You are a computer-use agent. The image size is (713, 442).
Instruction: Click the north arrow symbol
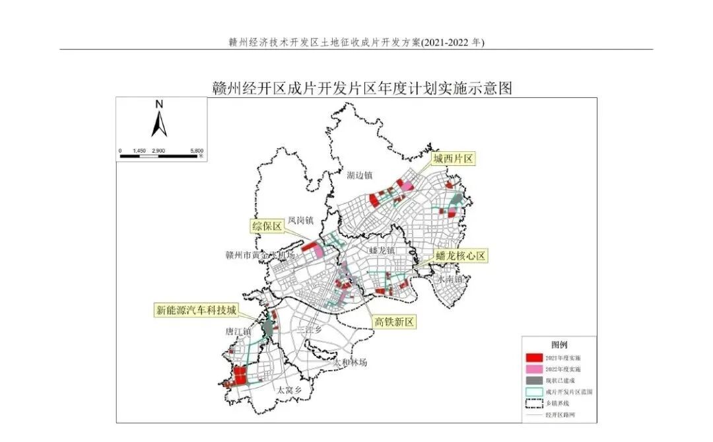pos(158,120)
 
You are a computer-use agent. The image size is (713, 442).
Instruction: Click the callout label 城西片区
pos(454,159)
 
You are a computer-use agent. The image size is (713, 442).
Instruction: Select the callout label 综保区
pos(267,227)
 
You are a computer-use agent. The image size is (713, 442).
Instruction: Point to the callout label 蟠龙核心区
pos(461,256)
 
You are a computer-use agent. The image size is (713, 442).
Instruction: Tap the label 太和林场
pos(349,363)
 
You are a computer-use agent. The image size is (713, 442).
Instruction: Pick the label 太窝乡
pos(289,390)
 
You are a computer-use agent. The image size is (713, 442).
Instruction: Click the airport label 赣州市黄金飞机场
pos(259,255)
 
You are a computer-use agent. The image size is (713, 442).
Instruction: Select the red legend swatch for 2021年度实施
pos(533,357)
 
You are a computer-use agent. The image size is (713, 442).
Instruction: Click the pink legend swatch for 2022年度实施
pos(533,369)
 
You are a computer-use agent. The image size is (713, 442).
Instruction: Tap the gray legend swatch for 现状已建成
pos(533,381)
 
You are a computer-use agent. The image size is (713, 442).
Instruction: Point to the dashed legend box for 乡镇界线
pos(533,403)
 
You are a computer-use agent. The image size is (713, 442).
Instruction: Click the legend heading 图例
pos(559,345)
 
